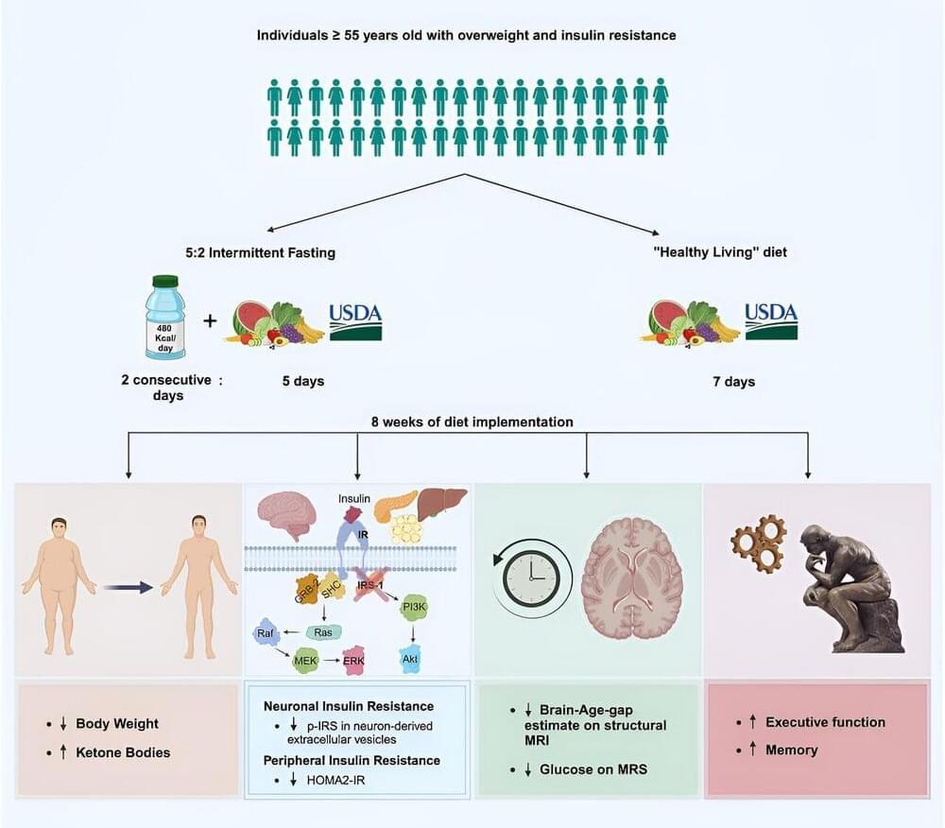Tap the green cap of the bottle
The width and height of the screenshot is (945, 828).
[166, 281]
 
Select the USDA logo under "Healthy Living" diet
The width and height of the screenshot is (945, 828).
[770, 321]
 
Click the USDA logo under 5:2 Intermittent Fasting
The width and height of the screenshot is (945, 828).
[355, 321]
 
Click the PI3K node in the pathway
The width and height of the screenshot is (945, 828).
[415, 607]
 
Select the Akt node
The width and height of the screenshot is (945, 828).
[412, 659]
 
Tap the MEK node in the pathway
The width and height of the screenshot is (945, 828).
[306, 659]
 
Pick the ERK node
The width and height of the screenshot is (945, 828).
[354, 659]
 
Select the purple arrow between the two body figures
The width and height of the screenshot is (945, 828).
[128, 587]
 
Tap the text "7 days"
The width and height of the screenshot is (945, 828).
[734, 382]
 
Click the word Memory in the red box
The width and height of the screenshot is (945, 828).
[792, 750]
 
